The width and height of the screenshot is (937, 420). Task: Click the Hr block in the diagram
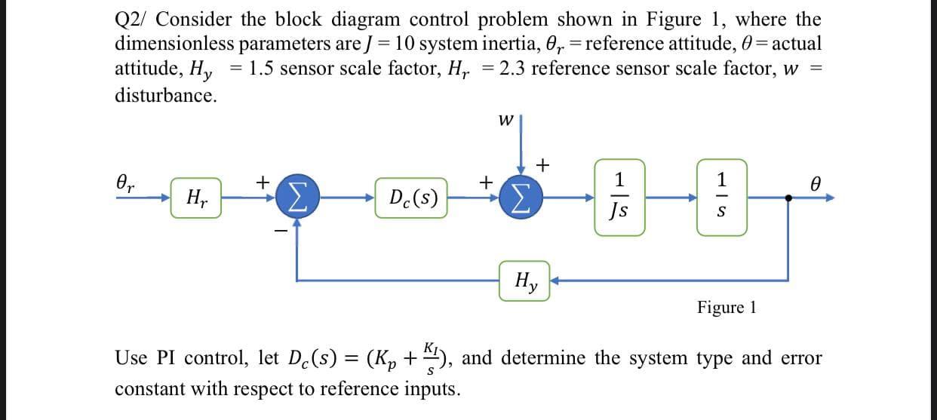click(196, 199)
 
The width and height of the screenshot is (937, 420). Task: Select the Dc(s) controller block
click(410, 199)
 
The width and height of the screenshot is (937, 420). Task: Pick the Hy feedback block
click(524, 281)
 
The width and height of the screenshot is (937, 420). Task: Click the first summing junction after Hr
click(296, 199)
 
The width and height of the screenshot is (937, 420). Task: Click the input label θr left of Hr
click(127, 183)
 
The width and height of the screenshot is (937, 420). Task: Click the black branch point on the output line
click(789, 199)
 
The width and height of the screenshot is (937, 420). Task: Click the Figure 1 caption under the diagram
click(726, 307)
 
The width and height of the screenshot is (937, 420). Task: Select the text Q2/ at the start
click(133, 19)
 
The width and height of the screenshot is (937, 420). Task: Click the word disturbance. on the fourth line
click(165, 96)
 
